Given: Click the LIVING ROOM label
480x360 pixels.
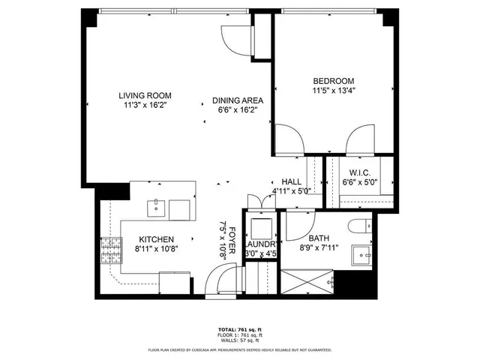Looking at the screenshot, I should point(145,95).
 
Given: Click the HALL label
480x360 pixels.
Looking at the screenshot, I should point(292,181).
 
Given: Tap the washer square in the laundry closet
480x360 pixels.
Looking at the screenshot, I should point(261,227).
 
